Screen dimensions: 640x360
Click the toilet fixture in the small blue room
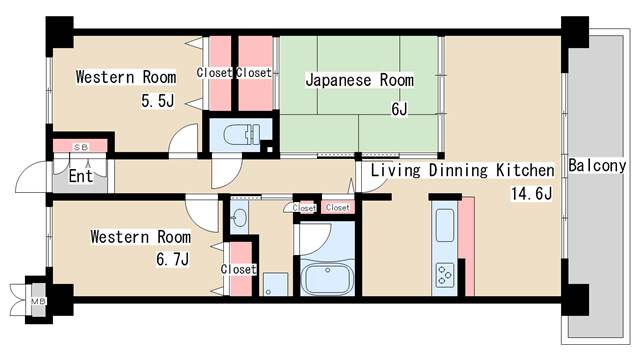[242, 135]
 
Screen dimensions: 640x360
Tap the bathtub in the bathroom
[327, 278]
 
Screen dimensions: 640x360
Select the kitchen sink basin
[445, 225]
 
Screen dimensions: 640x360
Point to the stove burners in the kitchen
[445, 276]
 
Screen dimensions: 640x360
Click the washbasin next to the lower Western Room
[239, 217]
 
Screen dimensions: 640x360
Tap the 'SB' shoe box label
[81, 147]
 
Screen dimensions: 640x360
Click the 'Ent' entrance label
[80, 176]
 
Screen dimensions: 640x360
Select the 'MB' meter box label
[38, 302]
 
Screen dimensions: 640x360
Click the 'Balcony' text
[597, 166]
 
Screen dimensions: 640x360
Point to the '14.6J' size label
[531, 193]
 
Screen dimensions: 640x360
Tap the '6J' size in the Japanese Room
[399, 109]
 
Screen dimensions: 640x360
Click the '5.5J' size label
[158, 100]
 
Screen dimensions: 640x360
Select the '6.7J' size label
[173, 259]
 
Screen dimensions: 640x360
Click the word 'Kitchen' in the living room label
[525, 170]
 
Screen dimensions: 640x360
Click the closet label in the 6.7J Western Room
[239, 269]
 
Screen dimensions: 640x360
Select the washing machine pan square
[275, 284]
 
